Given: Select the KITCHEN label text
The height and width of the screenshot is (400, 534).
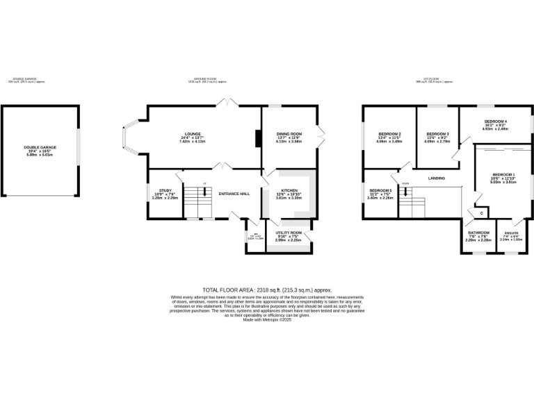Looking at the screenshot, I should point(290,190).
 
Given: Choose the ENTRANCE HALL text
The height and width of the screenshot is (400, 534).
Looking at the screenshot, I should point(234,194).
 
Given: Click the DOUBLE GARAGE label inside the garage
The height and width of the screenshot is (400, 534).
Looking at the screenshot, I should point(40,147).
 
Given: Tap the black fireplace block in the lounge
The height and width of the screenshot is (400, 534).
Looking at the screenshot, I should point(258,138).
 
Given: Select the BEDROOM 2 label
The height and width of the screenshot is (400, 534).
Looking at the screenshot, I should point(389,133).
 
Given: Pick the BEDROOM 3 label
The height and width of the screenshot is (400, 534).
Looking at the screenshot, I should point(437,133).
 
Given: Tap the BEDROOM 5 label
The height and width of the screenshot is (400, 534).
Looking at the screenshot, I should point(380,190).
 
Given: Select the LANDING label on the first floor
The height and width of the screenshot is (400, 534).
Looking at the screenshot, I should point(437,178).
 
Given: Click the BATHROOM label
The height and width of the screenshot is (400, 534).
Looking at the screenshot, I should point(478,233).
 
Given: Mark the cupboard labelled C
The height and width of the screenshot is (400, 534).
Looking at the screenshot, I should point(480,212).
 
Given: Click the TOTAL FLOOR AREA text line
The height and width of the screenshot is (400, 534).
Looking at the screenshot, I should point(267,290).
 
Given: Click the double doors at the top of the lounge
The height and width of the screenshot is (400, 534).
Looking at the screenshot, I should point(227,104).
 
